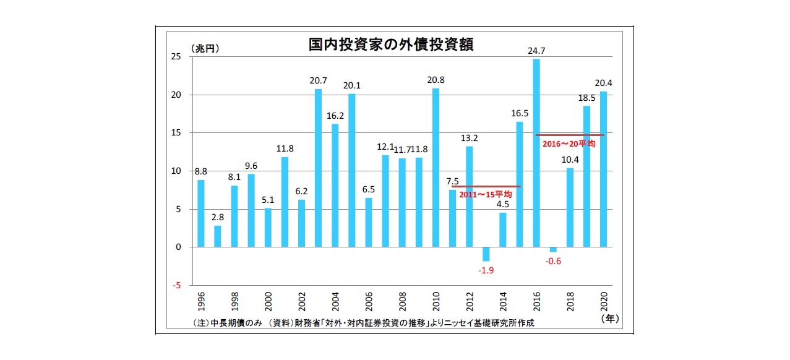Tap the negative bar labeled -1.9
click(486, 254)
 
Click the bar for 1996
click(200, 213)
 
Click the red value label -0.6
click(553, 261)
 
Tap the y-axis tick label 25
click(176, 57)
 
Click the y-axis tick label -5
click(176, 285)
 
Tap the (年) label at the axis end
click(609, 319)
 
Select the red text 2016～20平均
click(569, 144)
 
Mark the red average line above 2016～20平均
click(569, 135)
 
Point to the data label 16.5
click(520, 113)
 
